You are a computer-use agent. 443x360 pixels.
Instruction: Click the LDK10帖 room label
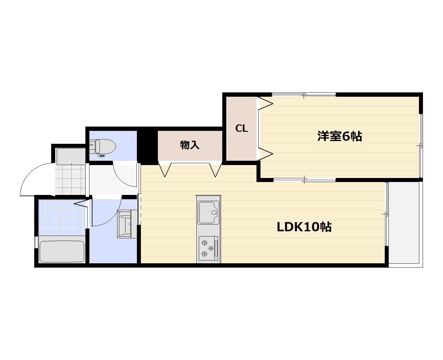[x=304, y=227]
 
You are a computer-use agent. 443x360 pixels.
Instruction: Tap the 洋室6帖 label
[x=339, y=136]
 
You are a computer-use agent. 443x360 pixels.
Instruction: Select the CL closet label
[x=241, y=128]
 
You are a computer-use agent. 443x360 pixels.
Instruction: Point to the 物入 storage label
[x=190, y=145]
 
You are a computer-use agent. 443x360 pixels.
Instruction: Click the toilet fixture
[x=103, y=147]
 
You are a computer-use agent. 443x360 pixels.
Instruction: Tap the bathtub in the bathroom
[x=62, y=251]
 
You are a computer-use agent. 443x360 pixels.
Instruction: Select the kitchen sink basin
[x=208, y=212]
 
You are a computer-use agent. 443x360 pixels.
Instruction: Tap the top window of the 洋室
[x=304, y=95]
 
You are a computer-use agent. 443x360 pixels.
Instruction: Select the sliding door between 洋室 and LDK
[x=304, y=180]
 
